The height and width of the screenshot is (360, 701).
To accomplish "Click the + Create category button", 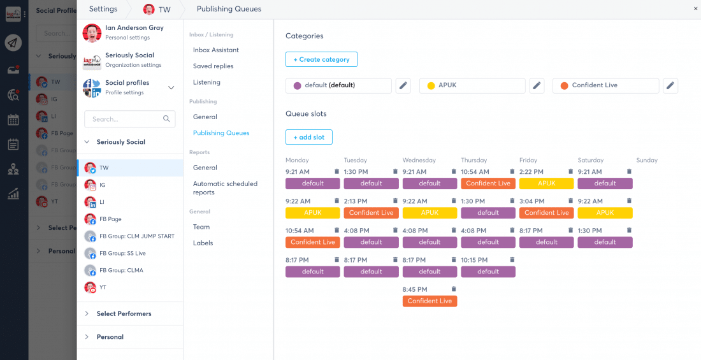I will click(321, 59).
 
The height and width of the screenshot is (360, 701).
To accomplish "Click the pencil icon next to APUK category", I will click(537, 85).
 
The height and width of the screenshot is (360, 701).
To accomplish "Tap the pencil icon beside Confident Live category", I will click(670, 85).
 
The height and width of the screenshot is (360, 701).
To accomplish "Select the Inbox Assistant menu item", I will click(216, 50).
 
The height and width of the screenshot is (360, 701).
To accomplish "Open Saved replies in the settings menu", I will click(213, 66).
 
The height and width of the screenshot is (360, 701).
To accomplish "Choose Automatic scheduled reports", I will click(225, 188).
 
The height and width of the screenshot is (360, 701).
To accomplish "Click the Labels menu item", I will click(203, 243).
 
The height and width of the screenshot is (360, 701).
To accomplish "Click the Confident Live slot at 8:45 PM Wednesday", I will click(430, 301).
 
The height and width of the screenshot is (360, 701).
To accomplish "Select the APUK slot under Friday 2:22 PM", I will click(546, 184).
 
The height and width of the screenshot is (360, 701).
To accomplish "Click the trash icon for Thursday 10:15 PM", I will click(512, 259).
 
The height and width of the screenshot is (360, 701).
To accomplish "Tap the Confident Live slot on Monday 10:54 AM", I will click(312, 242).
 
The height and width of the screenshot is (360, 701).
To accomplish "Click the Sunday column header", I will click(646, 160).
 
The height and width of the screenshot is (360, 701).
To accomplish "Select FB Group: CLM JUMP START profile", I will click(136, 236).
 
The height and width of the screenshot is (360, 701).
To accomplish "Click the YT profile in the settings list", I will click(103, 287).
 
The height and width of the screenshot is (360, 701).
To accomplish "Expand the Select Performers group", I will click(124, 313).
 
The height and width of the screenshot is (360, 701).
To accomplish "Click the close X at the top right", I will click(695, 9).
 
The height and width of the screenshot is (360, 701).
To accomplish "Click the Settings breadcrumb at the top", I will click(103, 9).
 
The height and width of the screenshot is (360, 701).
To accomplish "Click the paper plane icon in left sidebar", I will click(13, 43).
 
